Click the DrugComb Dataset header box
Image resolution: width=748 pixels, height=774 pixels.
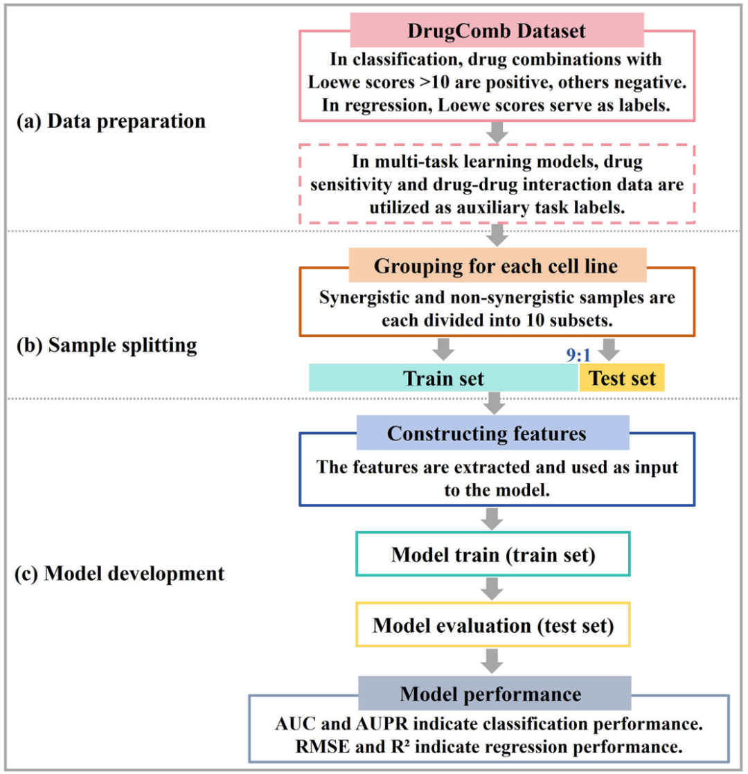point(497,31)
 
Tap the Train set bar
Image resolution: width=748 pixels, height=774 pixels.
point(443,378)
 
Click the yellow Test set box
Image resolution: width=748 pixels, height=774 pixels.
point(621,378)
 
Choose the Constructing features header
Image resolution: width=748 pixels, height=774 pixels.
point(492,433)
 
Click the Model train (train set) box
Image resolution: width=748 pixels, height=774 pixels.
point(492,555)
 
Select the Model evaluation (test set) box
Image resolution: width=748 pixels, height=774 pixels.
point(492,625)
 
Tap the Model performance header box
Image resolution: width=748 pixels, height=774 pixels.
point(492,692)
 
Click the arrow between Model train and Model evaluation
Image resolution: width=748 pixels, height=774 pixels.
point(492,590)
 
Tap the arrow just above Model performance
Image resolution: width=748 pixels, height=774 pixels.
point(492,660)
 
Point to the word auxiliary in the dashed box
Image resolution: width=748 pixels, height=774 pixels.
point(430,206)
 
